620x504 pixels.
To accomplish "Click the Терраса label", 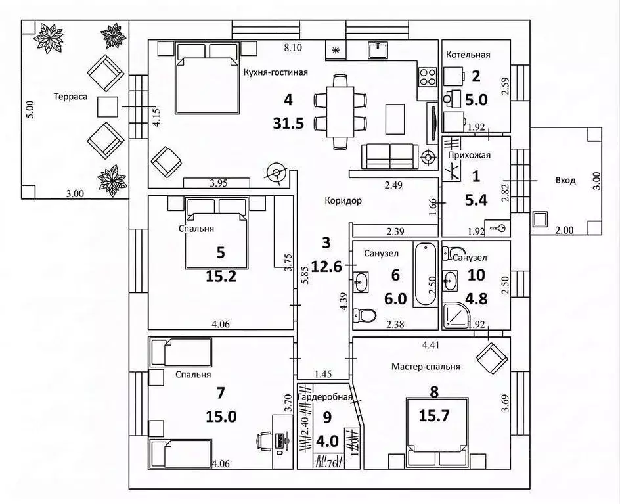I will pyautogui.click(x=71, y=96).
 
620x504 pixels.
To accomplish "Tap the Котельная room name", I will pyautogui.click(x=468, y=55).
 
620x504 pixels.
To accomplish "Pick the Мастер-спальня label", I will pyautogui.click(x=425, y=367).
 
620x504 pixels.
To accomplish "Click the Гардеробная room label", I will pyautogui.click(x=325, y=397).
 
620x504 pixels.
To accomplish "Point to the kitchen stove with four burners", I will pyautogui.click(x=428, y=77).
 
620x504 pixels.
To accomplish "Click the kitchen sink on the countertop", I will pyautogui.click(x=380, y=51).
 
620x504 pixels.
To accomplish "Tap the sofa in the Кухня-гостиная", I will pyautogui.click(x=390, y=156).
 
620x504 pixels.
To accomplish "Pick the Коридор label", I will pyautogui.click(x=342, y=201).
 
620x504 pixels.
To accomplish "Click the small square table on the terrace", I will pyautogui.click(x=108, y=106).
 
